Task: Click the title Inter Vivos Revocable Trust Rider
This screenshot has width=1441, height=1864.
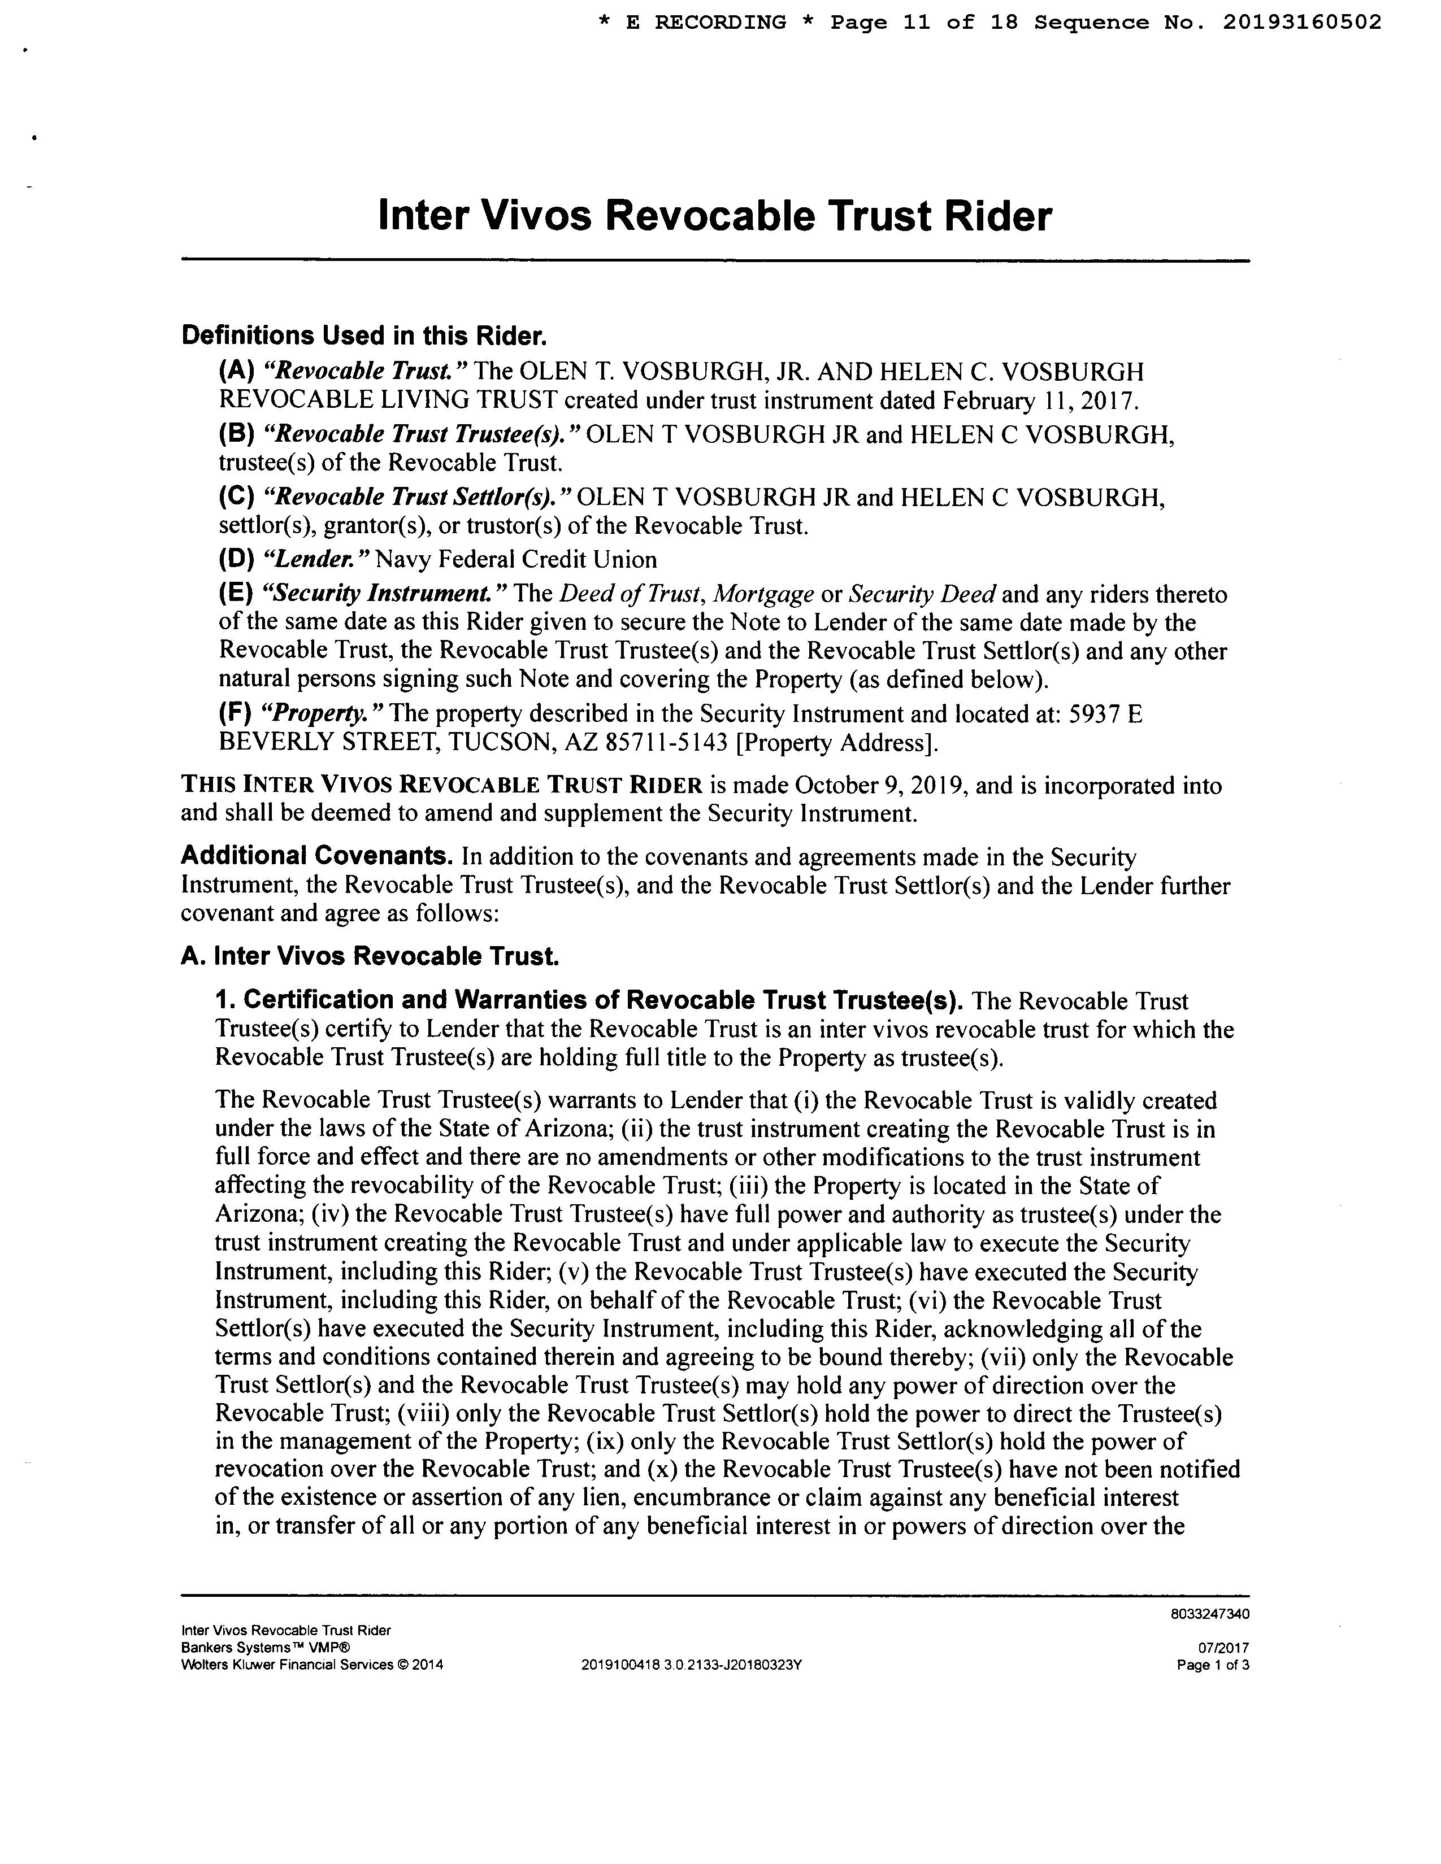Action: click(714, 216)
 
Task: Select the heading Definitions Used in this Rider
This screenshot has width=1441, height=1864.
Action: click(363, 336)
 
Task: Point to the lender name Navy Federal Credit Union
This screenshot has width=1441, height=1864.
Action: click(516, 560)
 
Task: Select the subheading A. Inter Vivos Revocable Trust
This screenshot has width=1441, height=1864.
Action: click(370, 956)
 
